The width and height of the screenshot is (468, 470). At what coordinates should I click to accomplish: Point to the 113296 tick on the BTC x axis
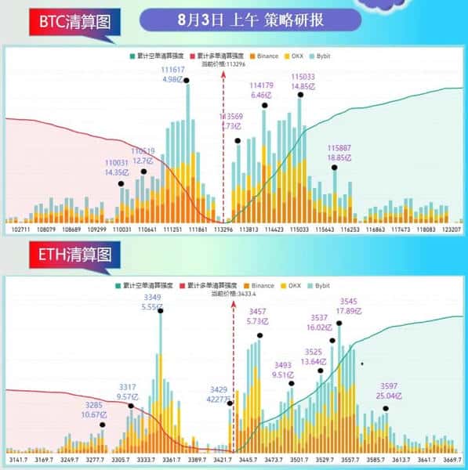[x=223, y=231]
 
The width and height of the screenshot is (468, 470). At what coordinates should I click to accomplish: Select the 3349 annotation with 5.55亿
[x=154, y=302]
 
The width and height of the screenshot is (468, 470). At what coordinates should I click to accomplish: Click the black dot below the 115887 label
[x=335, y=167]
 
